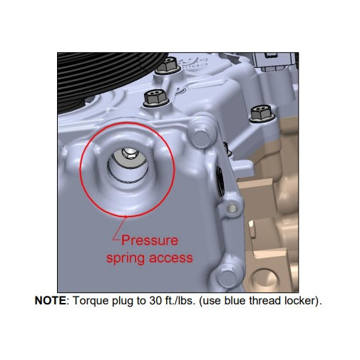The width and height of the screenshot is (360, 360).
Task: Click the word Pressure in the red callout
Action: tap(150, 240)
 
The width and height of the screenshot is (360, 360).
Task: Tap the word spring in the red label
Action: tap(125, 258)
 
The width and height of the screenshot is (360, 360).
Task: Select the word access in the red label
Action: tap(171, 258)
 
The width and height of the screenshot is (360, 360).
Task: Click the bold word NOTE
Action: tap(51, 301)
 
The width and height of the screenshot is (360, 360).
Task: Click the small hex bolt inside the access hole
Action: tap(128, 154)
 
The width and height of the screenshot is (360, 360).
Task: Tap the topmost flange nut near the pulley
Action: tap(168, 65)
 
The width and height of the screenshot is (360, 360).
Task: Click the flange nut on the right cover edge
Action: tap(262, 114)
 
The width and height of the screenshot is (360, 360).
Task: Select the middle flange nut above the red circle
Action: tap(155, 98)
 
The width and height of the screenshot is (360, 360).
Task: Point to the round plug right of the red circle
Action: tap(201, 138)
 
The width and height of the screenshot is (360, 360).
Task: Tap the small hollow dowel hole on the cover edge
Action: tap(232, 209)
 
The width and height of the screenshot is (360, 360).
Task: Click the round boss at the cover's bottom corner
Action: tap(228, 277)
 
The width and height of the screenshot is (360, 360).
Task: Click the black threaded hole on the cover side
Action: tap(220, 180)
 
